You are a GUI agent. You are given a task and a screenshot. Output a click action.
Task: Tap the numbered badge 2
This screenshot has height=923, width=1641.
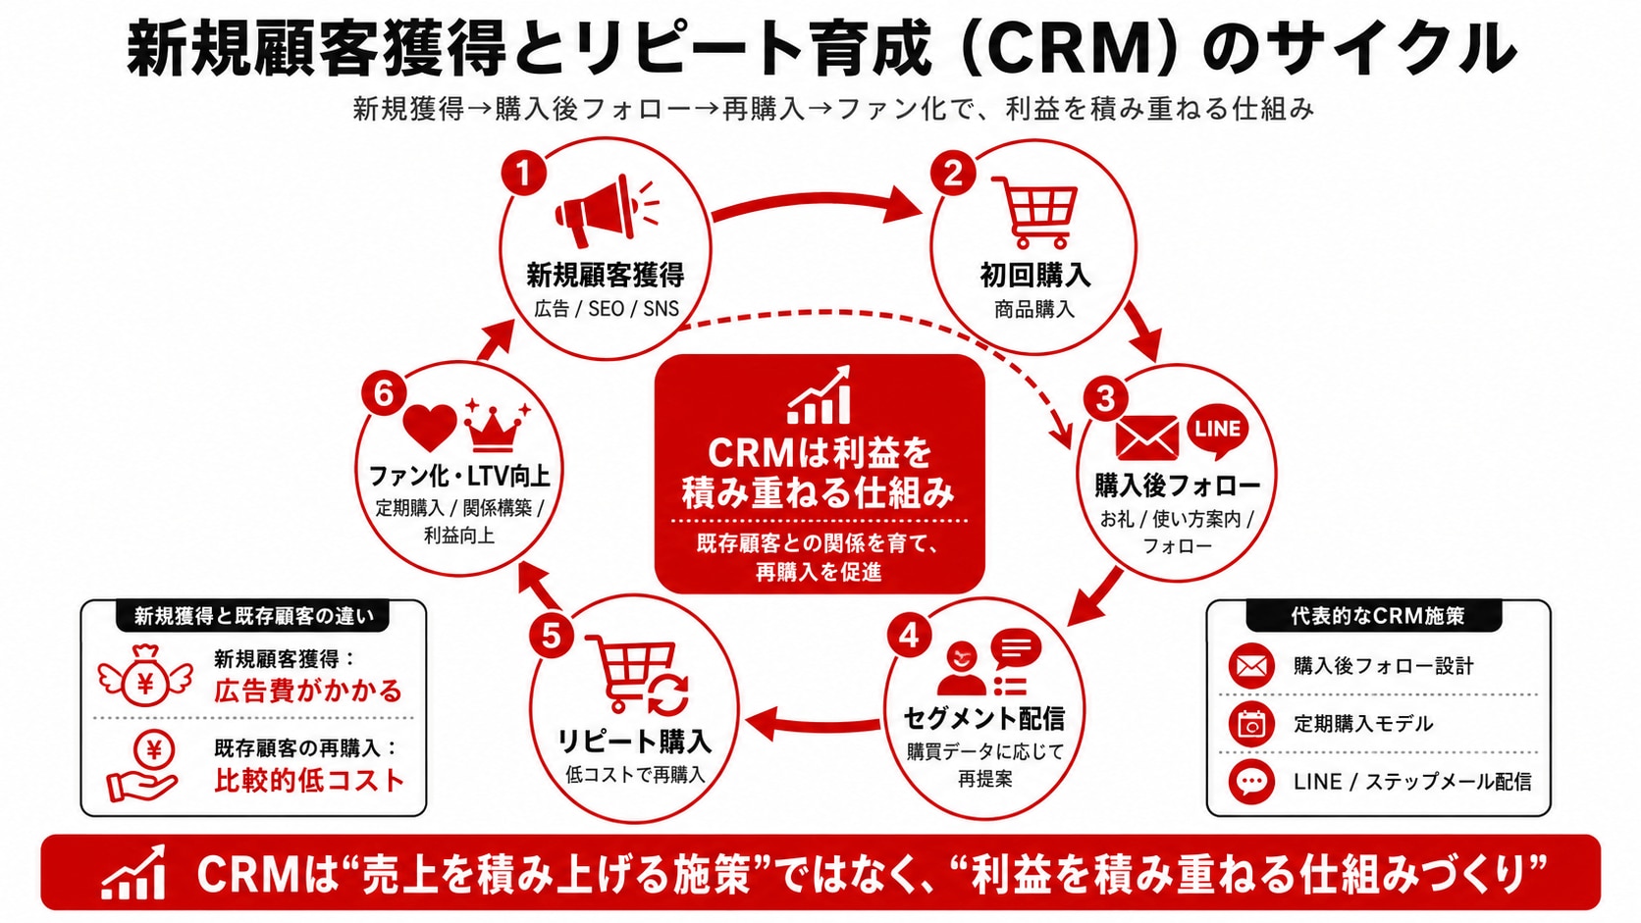point(952,175)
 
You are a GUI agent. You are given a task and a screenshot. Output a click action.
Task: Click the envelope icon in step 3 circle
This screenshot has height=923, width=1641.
point(1146,437)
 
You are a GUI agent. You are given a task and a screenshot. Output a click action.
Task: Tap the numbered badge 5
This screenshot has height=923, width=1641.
point(551,636)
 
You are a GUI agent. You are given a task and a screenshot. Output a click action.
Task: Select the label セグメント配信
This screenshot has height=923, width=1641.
point(983,719)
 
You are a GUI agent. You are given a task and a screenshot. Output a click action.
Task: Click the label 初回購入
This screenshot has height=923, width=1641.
point(1035,276)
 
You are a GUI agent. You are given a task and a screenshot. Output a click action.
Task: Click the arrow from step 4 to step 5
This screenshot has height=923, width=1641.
point(813,724)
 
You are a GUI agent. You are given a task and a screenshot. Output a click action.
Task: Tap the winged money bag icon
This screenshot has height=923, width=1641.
point(146,677)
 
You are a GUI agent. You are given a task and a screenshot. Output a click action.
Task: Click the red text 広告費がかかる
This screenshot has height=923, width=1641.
point(308,691)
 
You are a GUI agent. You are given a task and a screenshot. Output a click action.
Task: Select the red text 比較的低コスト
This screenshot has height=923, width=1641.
point(309,780)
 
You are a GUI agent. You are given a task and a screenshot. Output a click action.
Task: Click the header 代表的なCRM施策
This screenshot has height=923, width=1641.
point(1377,616)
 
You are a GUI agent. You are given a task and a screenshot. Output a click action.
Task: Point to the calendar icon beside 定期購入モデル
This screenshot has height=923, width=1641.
point(1251,724)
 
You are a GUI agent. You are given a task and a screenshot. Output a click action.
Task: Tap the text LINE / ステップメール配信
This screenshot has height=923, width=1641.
point(1411,782)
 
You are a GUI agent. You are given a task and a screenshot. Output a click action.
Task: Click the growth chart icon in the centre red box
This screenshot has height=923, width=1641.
point(820,395)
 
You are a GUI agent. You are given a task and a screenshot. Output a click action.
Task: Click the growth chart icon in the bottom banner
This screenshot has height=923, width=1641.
point(133,873)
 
